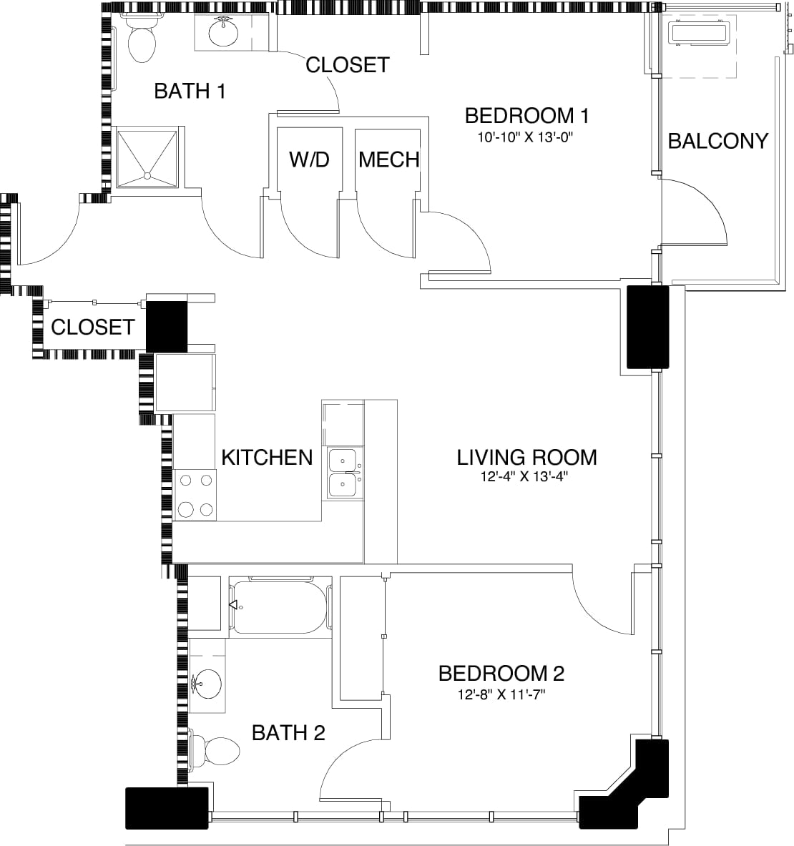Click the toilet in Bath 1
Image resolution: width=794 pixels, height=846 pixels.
[x=142, y=38]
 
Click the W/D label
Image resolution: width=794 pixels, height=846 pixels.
[x=309, y=159]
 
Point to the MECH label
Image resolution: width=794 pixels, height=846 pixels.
[x=388, y=159]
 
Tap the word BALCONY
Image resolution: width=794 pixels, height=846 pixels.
[x=717, y=141]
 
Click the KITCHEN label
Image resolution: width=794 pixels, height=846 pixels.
[x=267, y=458]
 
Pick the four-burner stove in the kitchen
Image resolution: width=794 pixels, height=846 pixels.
[x=196, y=495]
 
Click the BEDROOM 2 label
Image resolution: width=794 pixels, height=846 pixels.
[x=501, y=674]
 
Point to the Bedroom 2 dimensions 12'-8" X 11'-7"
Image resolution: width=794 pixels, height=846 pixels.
[x=501, y=694]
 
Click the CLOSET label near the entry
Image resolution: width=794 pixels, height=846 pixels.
[x=92, y=328]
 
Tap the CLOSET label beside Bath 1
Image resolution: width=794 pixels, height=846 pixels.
[x=347, y=65]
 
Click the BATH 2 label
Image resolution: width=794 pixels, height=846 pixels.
[x=288, y=733]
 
